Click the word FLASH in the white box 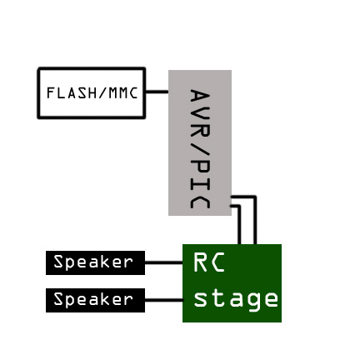(x=67, y=93)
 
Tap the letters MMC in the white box (x=123, y=93)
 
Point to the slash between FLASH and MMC (x=98, y=93)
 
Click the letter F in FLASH (x=50, y=93)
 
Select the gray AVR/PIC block (x=200, y=142)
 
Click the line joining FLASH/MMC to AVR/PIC (x=157, y=92)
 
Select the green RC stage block (x=232, y=283)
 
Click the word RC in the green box (x=209, y=262)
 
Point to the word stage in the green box (x=236, y=299)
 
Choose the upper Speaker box (x=95, y=262)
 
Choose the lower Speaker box (x=95, y=300)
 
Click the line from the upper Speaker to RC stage (x=164, y=262)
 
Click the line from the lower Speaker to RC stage (x=164, y=300)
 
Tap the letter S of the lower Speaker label (x=58, y=299)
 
